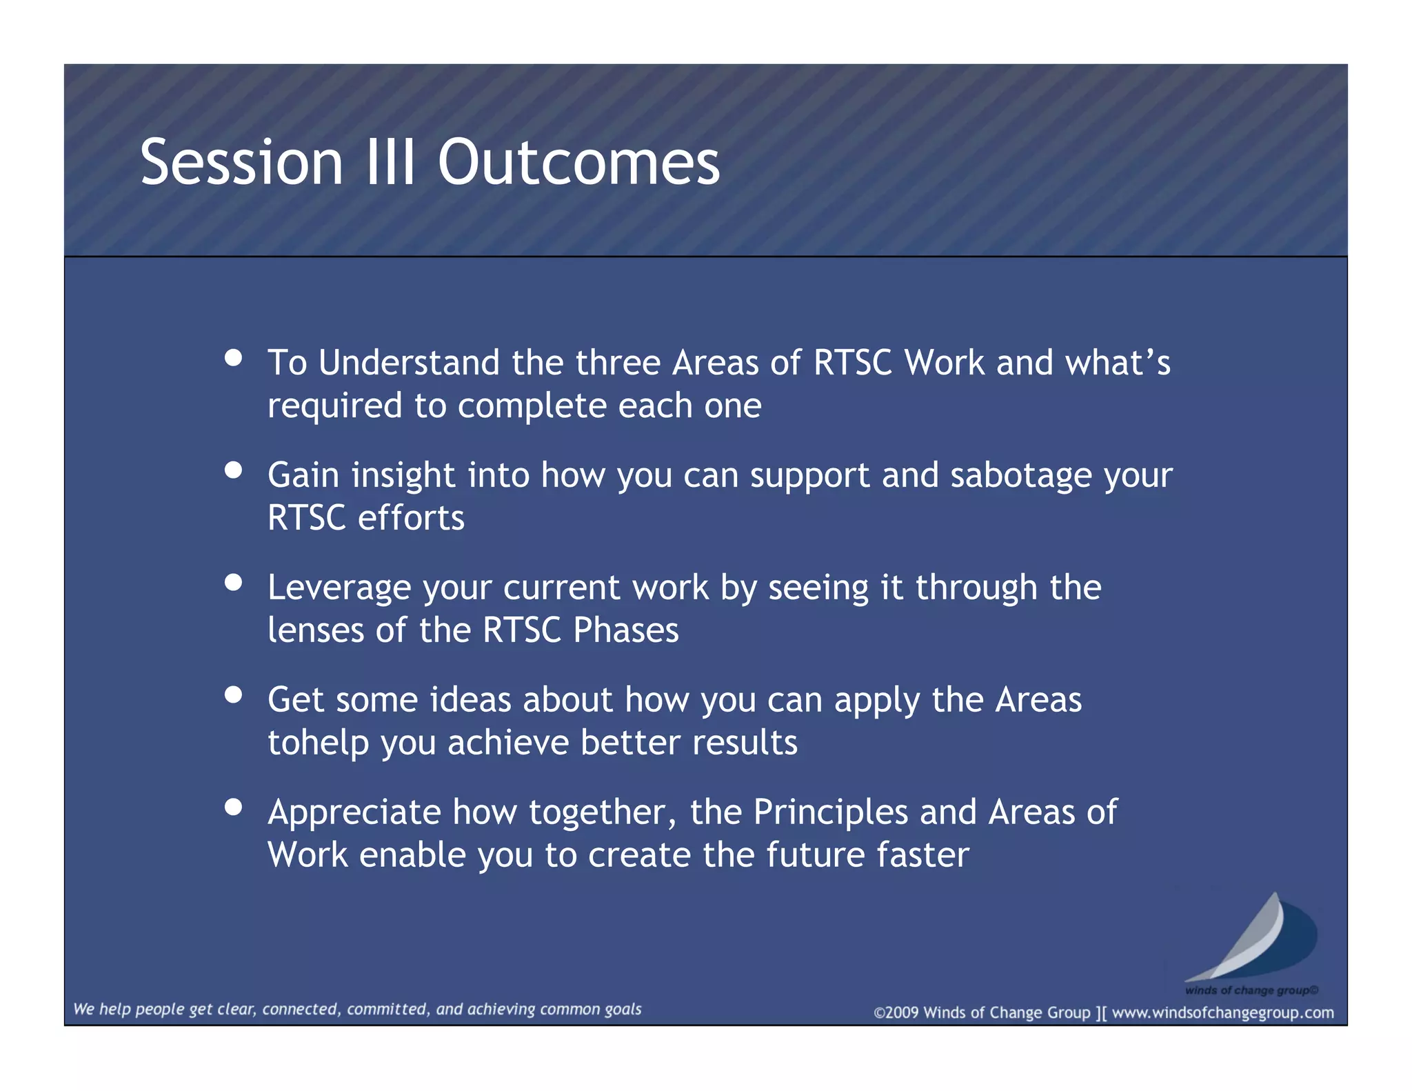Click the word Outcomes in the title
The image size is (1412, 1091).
[x=578, y=163]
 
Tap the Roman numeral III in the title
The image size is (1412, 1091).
[x=390, y=163]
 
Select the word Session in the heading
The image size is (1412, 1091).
[x=241, y=163]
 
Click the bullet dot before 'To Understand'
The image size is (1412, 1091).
[x=233, y=357]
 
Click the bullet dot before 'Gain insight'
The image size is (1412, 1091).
[x=233, y=470]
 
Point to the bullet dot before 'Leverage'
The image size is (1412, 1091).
[x=233, y=582]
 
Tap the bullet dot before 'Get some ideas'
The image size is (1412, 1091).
[x=233, y=694]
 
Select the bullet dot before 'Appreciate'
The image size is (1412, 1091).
[x=233, y=807]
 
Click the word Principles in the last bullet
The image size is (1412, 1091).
[x=830, y=812]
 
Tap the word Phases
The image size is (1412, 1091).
[x=626, y=630]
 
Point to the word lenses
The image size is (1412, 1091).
[x=315, y=630]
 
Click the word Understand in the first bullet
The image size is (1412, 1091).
[x=409, y=363]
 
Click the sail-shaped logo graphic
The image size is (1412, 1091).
[x=1251, y=939]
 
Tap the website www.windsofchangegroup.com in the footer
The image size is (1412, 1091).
[x=1222, y=1012]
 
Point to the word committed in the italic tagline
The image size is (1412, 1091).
[x=387, y=1009]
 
